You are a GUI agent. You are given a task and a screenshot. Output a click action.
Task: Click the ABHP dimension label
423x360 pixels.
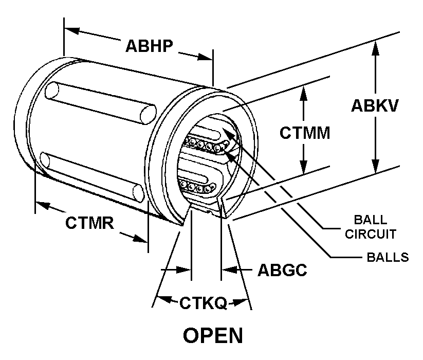[x=149, y=45]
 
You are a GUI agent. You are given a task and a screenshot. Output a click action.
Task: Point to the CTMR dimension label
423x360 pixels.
[x=89, y=223]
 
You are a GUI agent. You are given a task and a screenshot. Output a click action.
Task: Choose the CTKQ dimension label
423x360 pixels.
[x=203, y=303]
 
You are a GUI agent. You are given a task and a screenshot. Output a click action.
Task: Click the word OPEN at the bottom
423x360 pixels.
[x=213, y=335]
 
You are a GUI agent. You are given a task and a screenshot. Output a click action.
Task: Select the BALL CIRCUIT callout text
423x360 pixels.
[x=370, y=227]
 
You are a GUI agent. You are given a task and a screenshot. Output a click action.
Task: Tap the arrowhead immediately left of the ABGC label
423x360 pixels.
[x=229, y=269]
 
